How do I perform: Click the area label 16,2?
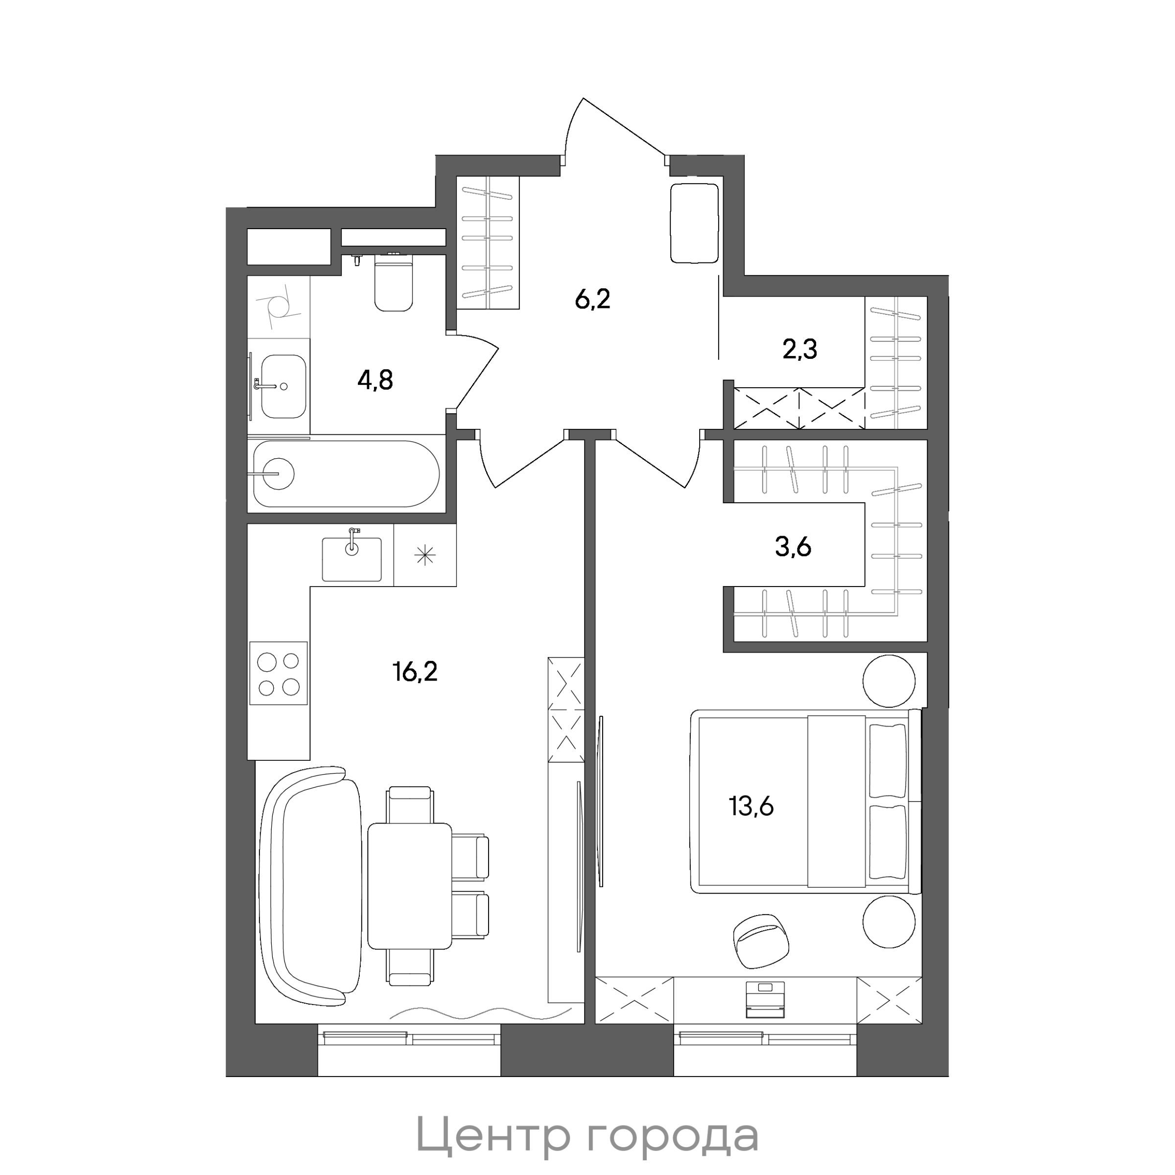click(x=415, y=672)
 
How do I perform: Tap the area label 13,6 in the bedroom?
click(x=751, y=807)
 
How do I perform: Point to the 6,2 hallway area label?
click(x=592, y=299)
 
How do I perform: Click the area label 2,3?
click(x=800, y=350)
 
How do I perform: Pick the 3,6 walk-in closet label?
click(x=793, y=547)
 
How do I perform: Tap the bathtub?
click(x=346, y=473)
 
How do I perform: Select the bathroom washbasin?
click(x=283, y=386)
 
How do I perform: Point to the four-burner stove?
click(x=279, y=673)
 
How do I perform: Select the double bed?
click(x=805, y=801)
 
